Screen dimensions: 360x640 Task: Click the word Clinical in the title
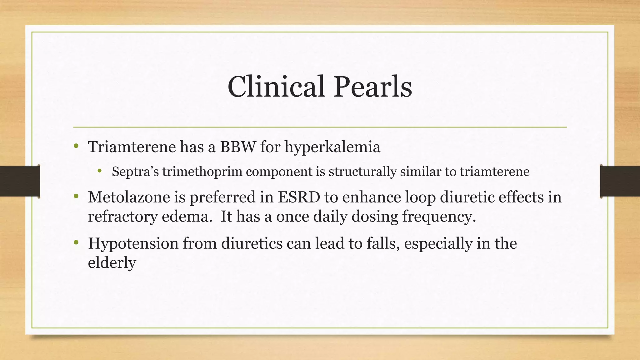point(276,87)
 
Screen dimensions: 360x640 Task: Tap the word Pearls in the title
point(373,87)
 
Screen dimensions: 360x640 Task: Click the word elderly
point(112,262)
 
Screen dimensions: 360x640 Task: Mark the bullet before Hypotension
point(76,243)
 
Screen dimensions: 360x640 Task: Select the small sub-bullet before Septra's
point(99,171)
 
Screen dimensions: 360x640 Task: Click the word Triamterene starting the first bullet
point(132,147)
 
